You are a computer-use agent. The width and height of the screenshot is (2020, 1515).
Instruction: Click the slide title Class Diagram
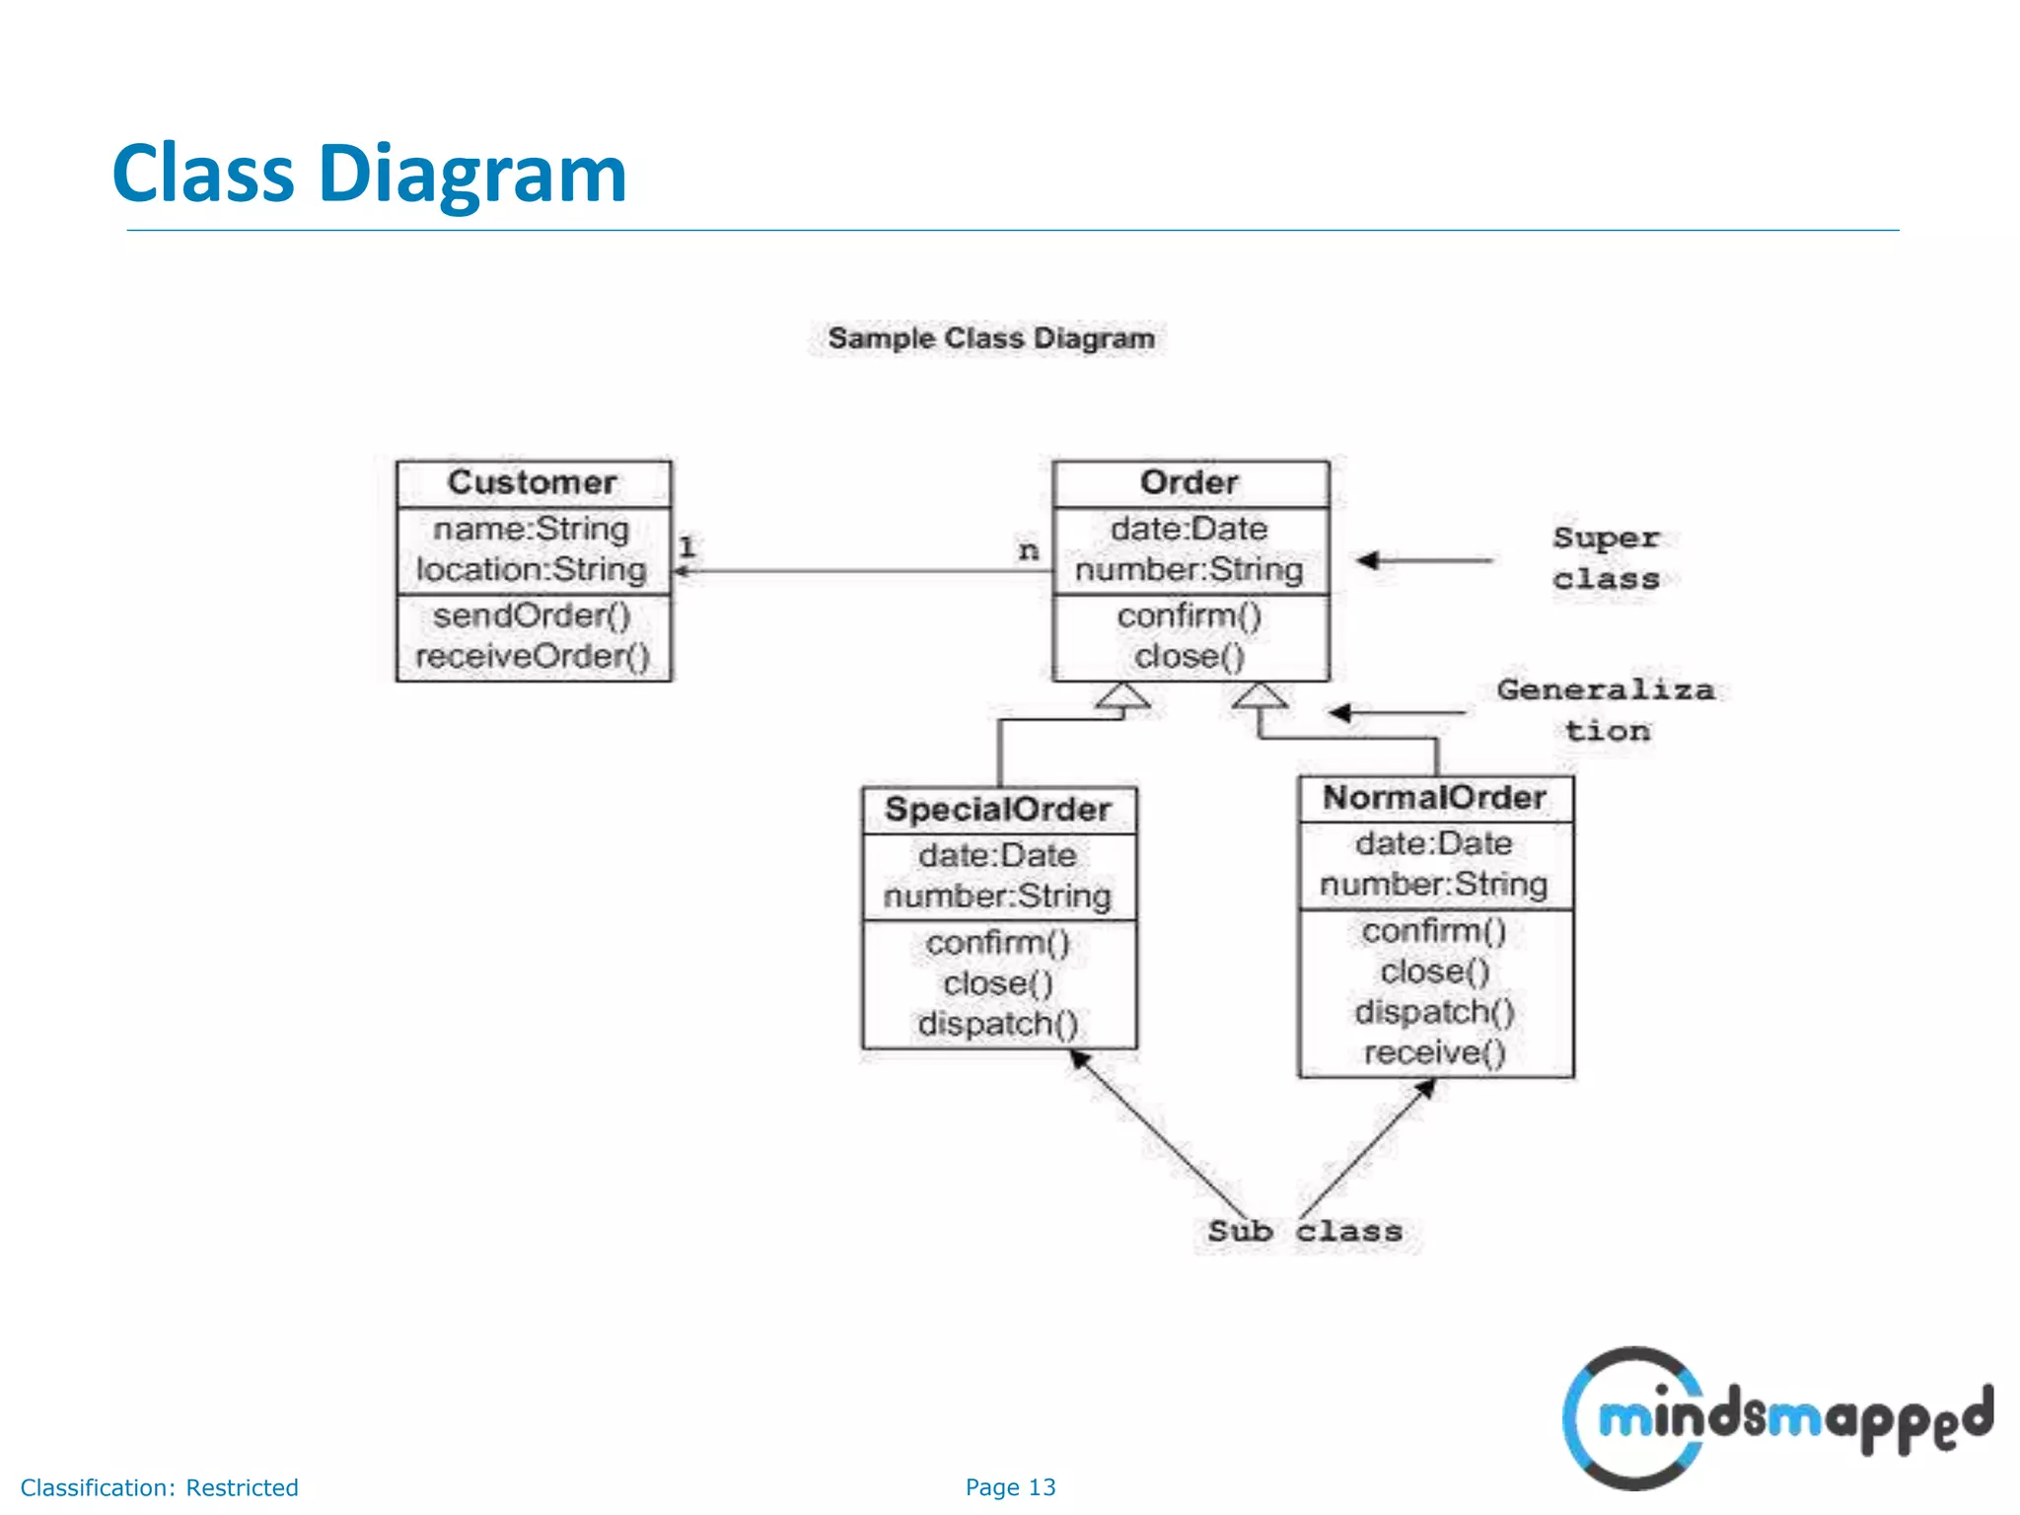(369, 174)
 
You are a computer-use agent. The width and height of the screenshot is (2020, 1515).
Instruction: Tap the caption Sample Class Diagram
(990, 338)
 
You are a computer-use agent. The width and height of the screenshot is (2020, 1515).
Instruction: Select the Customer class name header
(533, 482)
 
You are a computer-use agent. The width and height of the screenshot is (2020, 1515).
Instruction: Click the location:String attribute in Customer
(532, 569)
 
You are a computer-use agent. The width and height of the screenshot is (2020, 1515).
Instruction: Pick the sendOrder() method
(532, 615)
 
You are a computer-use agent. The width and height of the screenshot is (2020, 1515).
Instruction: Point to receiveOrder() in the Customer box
(533, 656)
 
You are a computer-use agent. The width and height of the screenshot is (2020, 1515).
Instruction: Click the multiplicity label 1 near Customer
(687, 546)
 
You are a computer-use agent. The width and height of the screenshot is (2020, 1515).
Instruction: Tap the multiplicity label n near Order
(1029, 549)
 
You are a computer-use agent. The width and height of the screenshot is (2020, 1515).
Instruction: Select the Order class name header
(1190, 482)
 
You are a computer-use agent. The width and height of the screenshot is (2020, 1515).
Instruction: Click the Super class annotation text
(1606, 558)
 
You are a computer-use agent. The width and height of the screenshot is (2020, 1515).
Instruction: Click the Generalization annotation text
(1606, 710)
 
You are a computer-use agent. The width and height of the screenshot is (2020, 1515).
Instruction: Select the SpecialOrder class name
(998, 810)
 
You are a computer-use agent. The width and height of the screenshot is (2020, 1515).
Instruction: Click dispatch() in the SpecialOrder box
(998, 1024)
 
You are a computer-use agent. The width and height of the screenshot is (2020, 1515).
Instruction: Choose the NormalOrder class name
(1434, 798)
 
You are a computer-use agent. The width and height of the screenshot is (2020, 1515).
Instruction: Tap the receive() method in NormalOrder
(1434, 1052)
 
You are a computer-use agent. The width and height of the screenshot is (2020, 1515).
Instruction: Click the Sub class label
(1304, 1231)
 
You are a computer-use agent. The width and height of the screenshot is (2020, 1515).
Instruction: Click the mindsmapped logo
(1775, 1418)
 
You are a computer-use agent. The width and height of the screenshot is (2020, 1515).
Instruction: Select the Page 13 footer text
(1010, 1487)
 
